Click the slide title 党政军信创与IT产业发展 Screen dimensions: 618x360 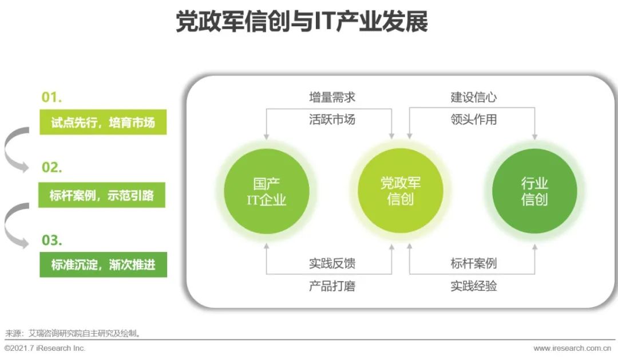[x=302, y=21]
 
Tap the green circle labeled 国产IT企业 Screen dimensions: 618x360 [x=267, y=192]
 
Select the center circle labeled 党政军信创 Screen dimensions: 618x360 [x=401, y=191]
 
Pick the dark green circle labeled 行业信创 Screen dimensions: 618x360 [x=534, y=191]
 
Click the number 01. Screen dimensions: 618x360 [x=51, y=97]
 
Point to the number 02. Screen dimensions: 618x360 [x=51, y=167]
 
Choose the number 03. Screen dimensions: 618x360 [x=51, y=240]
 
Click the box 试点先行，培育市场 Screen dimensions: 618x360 [x=103, y=122]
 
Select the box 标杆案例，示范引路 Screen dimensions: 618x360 [x=102, y=195]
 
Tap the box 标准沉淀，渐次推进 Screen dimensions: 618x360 [x=103, y=264]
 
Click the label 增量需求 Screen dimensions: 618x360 [x=332, y=97]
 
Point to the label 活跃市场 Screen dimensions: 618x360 [x=332, y=119]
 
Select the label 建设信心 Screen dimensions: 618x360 [x=473, y=97]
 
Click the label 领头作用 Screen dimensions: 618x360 [x=473, y=119]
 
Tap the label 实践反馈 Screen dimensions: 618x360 [x=332, y=263]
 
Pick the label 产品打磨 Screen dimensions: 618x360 [x=332, y=286]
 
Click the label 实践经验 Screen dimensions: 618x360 [x=473, y=286]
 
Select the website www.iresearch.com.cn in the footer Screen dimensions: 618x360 [x=572, y=348]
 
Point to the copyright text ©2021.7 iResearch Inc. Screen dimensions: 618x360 [x=45, y=348]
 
